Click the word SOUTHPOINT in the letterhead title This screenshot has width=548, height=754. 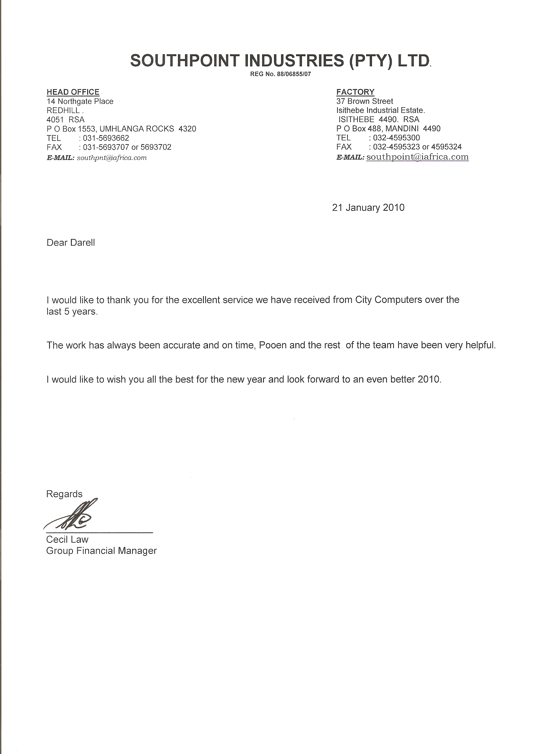pos(185,61)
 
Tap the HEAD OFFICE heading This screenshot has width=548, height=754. pos(73,92)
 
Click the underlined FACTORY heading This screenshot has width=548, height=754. pos(355,92)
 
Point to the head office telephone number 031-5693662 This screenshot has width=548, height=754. pos(106,138)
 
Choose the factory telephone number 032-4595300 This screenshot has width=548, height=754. pos(396,138)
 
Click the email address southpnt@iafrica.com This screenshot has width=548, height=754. pos(112,158)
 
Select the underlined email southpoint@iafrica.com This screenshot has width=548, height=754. pos(417,157)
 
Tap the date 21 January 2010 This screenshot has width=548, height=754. pos(368,208)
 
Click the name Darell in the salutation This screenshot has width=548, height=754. pos(83,243)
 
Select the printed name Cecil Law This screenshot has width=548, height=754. pos(67,540)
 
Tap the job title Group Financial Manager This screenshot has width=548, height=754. pos(101,551)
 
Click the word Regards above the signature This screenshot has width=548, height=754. pos(64,494)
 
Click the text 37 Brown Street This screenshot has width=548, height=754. pos(365,101)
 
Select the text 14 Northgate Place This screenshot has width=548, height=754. pos(80,101)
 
